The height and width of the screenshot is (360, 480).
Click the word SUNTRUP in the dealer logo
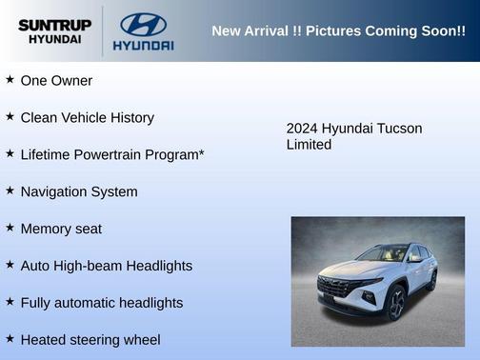tap(53, 25)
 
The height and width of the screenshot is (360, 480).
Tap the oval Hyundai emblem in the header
tap(143, 24)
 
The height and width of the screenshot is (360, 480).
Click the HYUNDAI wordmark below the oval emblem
tap(143, 45)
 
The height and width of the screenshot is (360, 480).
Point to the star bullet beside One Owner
tap(10, 80)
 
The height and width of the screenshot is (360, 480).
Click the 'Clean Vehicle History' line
tap(87, 118)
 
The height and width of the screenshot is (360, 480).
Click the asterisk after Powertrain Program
tap(201, 153)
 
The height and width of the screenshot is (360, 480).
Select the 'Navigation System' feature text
tap(79, 191)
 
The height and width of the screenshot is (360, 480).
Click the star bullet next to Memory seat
tap(10, 229)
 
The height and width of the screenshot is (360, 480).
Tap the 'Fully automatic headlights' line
tap(101, 303)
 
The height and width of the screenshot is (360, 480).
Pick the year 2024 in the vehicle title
tap(302, 129)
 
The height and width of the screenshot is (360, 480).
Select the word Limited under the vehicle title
tap(309, 145)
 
